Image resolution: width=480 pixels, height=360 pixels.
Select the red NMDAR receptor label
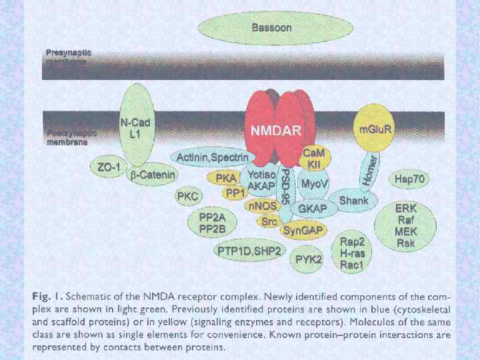(275, 130)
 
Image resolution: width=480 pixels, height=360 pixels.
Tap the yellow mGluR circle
(376, 129)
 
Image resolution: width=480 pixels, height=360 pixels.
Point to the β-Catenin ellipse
(152, 175)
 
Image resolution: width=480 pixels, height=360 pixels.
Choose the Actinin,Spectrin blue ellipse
(212, 157)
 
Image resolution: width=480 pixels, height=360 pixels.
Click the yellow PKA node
(226, 178)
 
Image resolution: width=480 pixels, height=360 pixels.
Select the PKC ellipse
(187, 196)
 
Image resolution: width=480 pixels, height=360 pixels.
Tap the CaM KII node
(313, 159)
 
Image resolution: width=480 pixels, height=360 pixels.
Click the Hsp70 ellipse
(410, 179)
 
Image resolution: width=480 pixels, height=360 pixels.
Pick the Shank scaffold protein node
(353, 200)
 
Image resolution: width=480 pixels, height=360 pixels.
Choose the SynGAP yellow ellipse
(304, 231)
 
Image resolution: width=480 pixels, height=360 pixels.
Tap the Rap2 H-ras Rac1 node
(351, 253)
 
